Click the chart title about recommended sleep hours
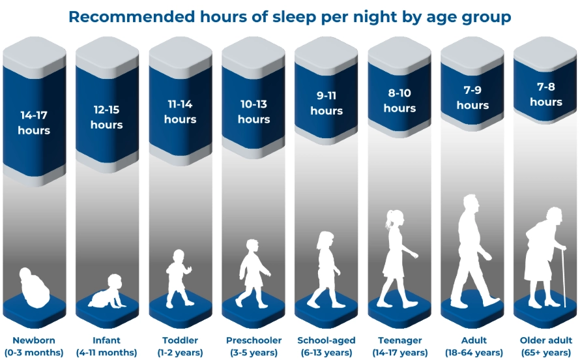pos(289,16)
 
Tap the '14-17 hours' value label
pos(35,123)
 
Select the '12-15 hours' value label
pos(107,117)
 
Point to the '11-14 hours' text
pos(180,112)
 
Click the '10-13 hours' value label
pos(254,112)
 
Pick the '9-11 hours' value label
pos(326,103)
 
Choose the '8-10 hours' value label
pos(399,100)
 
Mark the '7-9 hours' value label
pos(472,97)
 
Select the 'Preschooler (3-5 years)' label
pos(254,346)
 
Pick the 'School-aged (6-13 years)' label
pos(326,346)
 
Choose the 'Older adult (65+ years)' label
pos(545,346)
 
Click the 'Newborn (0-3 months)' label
pos(34,346)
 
